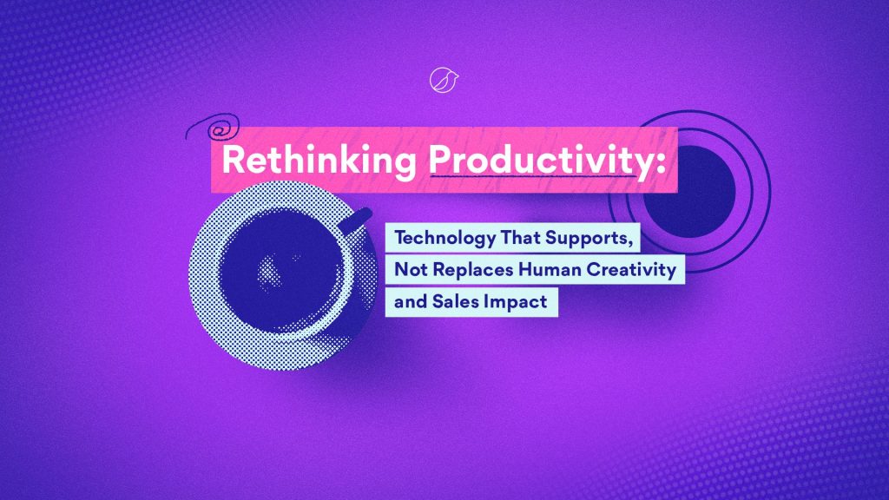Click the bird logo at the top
point(444,80)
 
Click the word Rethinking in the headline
point(319,160)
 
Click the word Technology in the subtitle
point(444,238)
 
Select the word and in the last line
point(411,301)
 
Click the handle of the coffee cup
point(355,220)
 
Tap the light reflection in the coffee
point(271,271)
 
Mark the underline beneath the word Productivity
point(534,177)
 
